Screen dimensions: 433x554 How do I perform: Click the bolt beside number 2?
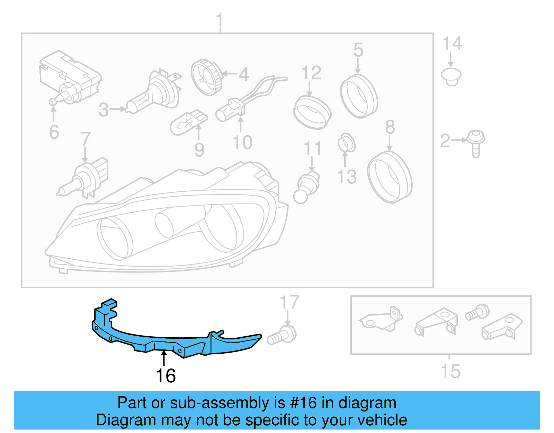click(476, 143)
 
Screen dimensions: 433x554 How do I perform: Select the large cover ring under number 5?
click(359, 96)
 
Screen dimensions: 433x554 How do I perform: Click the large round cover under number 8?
click(390, 177)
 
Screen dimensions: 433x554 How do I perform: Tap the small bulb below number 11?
click(306, 187)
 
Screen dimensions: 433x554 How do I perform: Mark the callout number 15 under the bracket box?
click(450, 372)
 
